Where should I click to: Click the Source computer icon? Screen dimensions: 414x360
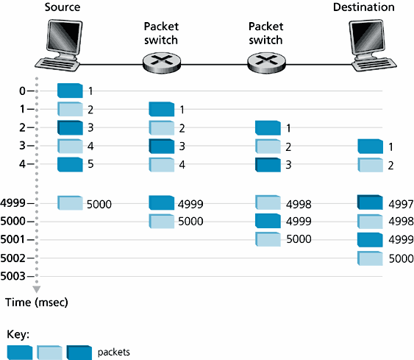click(59, 45)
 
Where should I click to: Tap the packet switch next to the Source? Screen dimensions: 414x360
click(162, 63)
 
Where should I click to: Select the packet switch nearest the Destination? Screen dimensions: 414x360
click(266, 63)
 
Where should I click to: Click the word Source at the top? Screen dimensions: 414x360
click(63, 7)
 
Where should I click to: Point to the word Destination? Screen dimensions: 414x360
click(364, 7)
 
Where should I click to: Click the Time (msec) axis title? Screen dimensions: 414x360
click(37, 302)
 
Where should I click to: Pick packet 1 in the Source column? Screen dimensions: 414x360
click(70, 91)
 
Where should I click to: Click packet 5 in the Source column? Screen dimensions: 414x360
click(70, 164)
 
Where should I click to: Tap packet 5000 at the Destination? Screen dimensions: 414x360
click(370, 258)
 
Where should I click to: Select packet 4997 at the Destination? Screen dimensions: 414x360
click(370, 202)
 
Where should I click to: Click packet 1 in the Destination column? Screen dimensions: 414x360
click(370, 147)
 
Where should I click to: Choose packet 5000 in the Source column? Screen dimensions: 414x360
click(70, 203)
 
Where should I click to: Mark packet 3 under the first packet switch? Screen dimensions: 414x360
click(162, 147)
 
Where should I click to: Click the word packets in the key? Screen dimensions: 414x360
click(114, 352)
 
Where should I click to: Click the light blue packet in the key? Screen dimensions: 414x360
click(50, 353)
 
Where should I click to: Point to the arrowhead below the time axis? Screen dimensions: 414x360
click(37, 289)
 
